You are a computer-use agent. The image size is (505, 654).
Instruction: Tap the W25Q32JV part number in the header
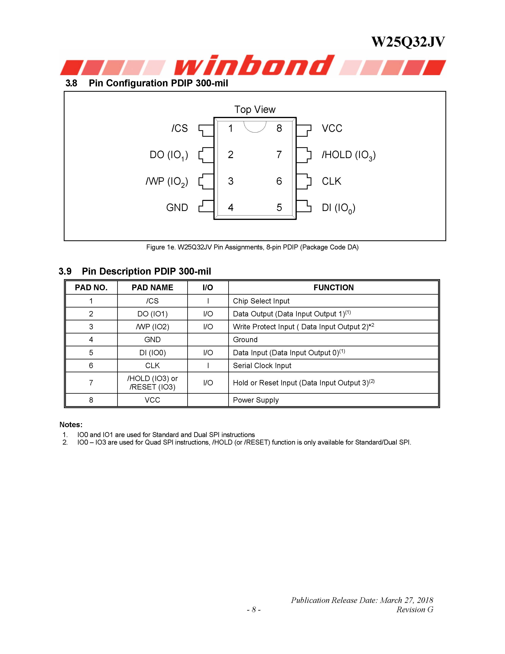coord(408,42)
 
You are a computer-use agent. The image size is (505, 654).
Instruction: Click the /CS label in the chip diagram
coord(180,128)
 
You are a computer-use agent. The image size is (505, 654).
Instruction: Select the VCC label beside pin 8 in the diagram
coord(332,128)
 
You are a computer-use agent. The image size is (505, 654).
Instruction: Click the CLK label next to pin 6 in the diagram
coord(331,181)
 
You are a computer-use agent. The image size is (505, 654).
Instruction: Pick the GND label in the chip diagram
coord(177,207)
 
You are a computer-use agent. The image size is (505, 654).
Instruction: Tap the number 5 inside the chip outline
coord(279,207)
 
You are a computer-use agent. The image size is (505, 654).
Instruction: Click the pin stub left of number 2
coord(206,155)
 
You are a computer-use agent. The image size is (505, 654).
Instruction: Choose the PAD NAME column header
coord(152,287)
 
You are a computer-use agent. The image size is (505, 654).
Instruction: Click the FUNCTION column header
coord(333,287)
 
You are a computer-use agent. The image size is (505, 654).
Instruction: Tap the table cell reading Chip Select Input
coord(261,301)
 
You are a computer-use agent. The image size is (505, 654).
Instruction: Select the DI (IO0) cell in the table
coord(152,353)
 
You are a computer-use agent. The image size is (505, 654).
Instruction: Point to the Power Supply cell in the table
coord(256,400)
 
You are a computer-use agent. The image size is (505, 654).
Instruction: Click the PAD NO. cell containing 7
coord(91,383)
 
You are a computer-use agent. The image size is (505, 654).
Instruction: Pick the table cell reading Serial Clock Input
coord(262,366)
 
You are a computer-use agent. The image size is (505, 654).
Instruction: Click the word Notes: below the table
coord(71,425)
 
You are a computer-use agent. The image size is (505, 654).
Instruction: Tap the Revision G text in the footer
coord(415,610)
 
